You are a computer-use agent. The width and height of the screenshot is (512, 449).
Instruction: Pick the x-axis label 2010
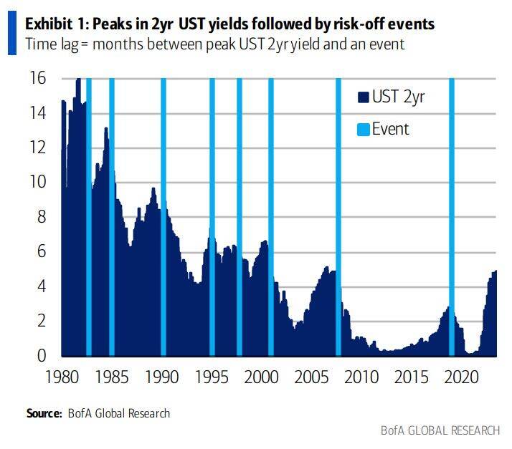pyautogui.click(x=360, y=376)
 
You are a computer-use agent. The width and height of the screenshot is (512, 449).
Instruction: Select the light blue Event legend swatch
pyautogui.click(x=363, y=130)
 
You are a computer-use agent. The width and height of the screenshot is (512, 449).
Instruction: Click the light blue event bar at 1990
pyautogui.click(x=163, y=215)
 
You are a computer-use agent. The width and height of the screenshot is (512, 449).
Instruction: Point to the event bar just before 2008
pyautogui.click(x=338, y=215)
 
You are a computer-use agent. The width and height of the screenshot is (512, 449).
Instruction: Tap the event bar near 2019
pyautogui.click(x=452, y=215)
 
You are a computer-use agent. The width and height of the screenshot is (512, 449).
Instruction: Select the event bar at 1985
pyautogui.click(x=112, y=215)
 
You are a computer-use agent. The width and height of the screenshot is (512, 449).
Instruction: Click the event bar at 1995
pyautogui.click(x=212, y=215)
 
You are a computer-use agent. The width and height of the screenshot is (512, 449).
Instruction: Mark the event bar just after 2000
pyautogui.click(x=271, y=215)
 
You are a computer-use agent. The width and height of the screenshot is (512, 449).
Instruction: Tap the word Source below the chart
pyautogui.click(x=44, y=413)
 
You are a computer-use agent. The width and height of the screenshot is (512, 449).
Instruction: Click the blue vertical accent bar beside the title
pyautogui.click(x=11, y=33)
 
